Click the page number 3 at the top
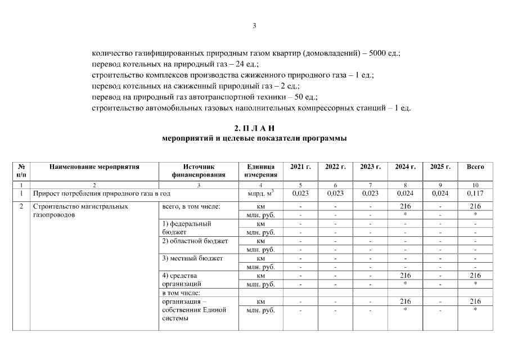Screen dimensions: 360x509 [x=254, y=25]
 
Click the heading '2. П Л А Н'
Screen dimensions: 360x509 [x=254, y=129]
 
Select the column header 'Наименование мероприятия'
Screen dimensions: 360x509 [x=94, y=166]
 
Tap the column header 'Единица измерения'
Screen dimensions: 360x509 [x=260, y=170]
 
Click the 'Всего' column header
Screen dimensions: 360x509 [x=475, y=166]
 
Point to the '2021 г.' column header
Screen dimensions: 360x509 [x=300, y=166]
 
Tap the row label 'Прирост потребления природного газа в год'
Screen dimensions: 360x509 [x=94, y=193]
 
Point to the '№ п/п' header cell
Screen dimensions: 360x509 [x=21, y=170]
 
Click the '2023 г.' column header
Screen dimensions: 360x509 [x=371, y=166]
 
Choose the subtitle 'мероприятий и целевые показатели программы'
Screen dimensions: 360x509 [x=254, y=138]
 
